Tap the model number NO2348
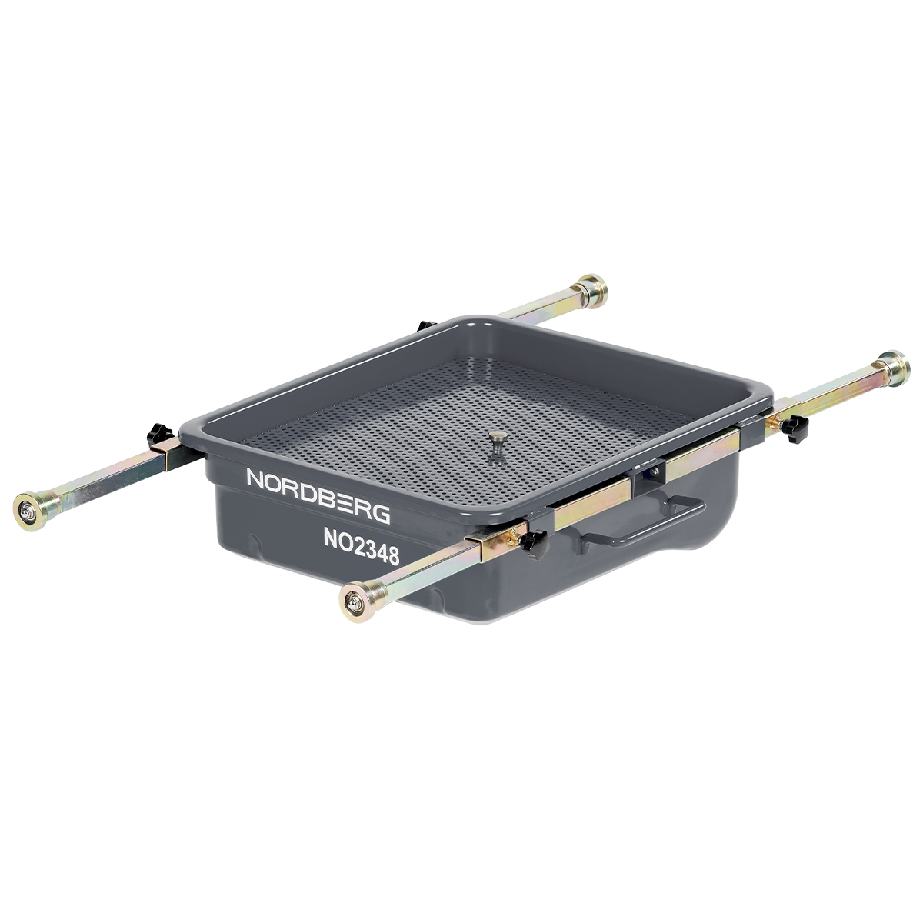[x=362, y=547]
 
